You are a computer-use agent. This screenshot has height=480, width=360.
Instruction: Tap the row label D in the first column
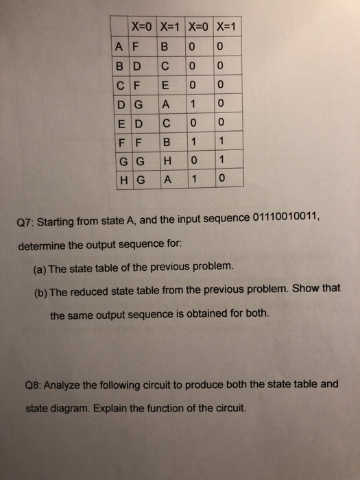click(121, 104)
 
